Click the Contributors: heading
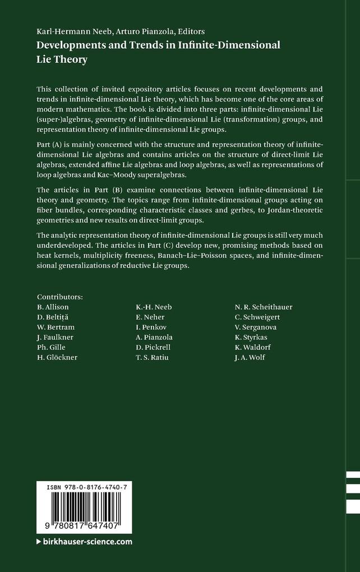point(59,296)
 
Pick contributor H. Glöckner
point(57,357)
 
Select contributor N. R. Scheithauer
point(264,307)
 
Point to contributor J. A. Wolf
point(250,357)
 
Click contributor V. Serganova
point(256,327)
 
